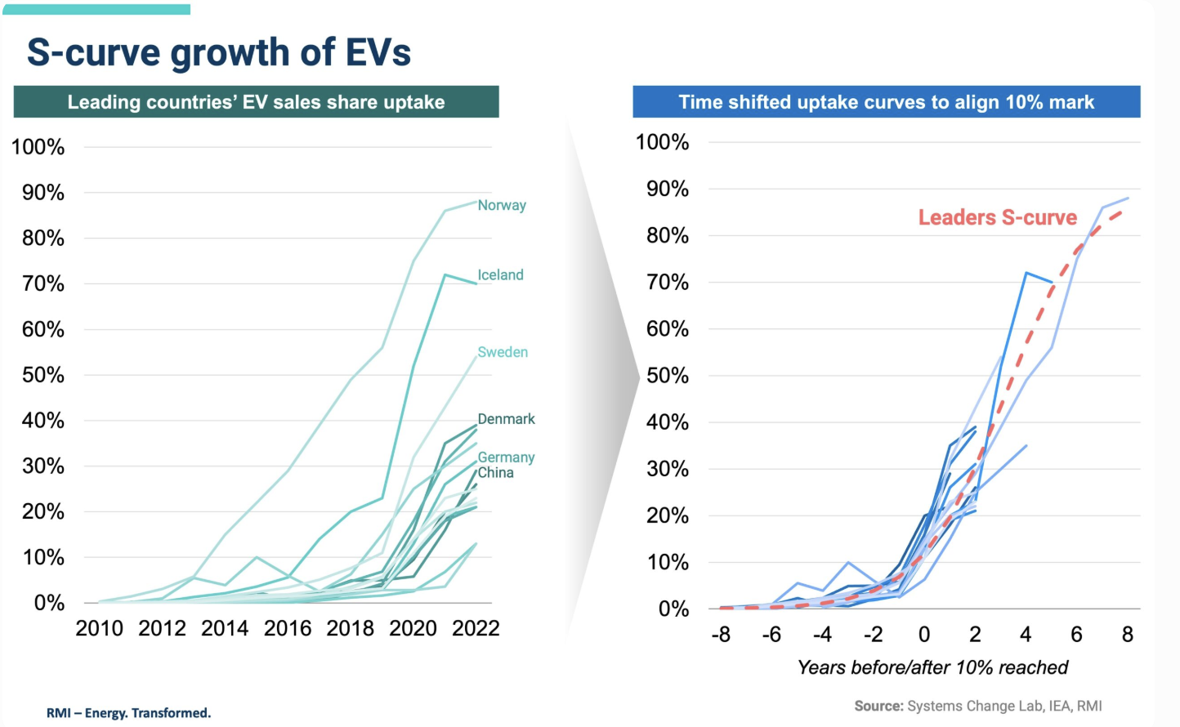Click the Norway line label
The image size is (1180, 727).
click(502, 205)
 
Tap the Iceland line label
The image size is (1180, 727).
click(500, 274)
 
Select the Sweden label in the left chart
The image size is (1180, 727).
click(503, 352)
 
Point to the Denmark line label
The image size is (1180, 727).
click(506, 419)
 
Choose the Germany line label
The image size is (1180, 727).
click(506, 457)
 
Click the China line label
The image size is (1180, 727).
click(495, 473)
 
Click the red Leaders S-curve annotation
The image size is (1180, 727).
click(997, 217)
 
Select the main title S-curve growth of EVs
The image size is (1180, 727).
click(218, 52)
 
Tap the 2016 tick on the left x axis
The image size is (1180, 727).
click(288, 628)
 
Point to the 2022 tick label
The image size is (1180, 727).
click(476, 628)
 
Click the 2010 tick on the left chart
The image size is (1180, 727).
click(99, 628)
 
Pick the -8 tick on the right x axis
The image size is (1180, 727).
click(720, 635)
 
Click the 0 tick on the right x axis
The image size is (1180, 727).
click(923, 635)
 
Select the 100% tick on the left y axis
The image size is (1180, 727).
click(38, 148)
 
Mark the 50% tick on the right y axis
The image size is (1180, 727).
click(667, 376)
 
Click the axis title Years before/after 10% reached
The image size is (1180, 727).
click(932, 667)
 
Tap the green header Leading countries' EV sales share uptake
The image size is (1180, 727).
click(256, 102)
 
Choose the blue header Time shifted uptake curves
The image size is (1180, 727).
click(886, 102)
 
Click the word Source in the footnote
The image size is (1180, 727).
click(878, 706)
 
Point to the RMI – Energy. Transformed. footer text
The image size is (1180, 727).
click(128, 713)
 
